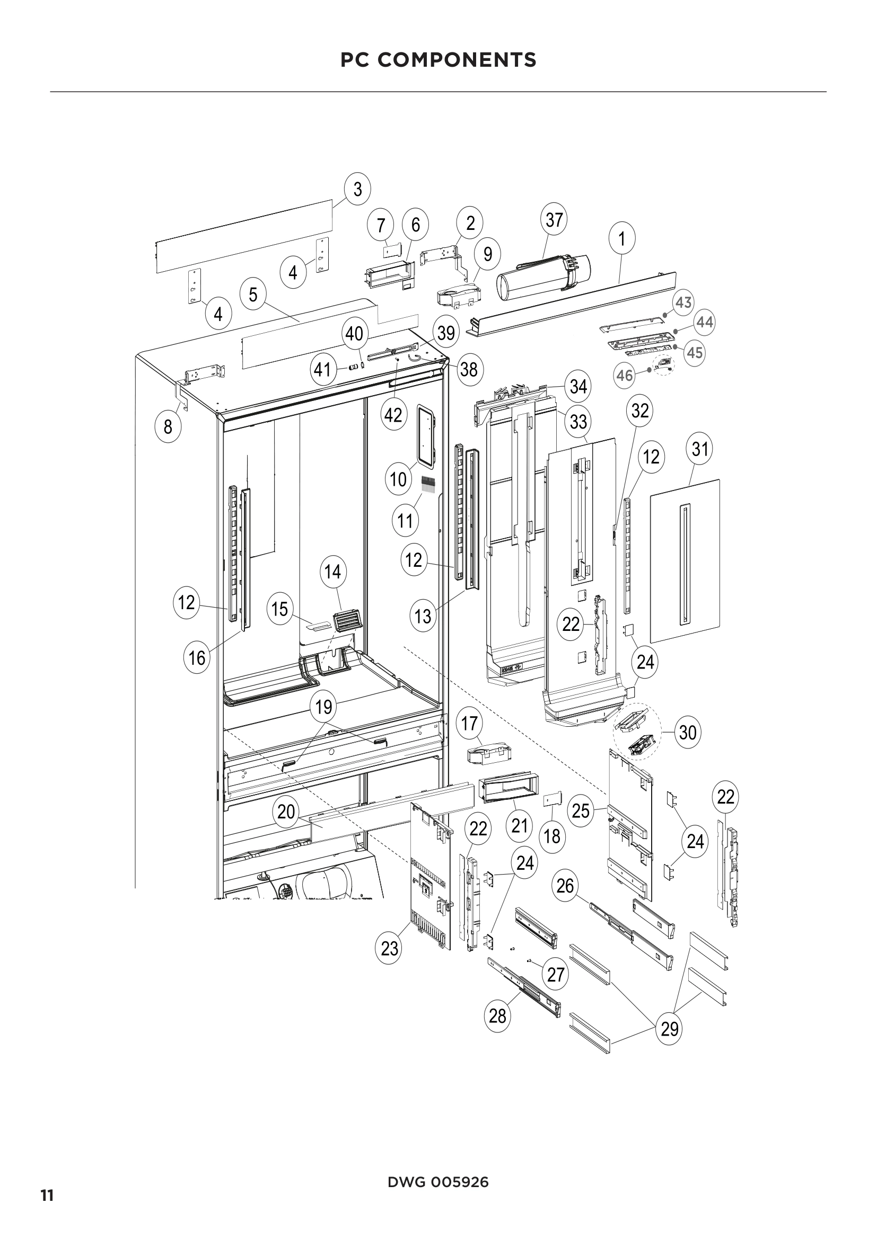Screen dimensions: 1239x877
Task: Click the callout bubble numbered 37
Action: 554,220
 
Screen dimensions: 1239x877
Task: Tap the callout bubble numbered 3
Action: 357,190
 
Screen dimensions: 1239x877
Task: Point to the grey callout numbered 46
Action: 625,375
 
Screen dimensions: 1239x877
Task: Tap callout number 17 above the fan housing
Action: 469,723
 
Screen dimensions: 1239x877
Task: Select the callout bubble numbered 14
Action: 332,572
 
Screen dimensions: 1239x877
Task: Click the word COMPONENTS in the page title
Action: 457,60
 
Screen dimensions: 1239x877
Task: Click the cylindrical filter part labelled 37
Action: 543,278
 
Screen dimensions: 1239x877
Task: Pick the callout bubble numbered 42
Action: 393,415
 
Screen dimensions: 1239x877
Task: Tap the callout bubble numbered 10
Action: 398,479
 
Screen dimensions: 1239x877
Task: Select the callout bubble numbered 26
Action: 565,885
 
